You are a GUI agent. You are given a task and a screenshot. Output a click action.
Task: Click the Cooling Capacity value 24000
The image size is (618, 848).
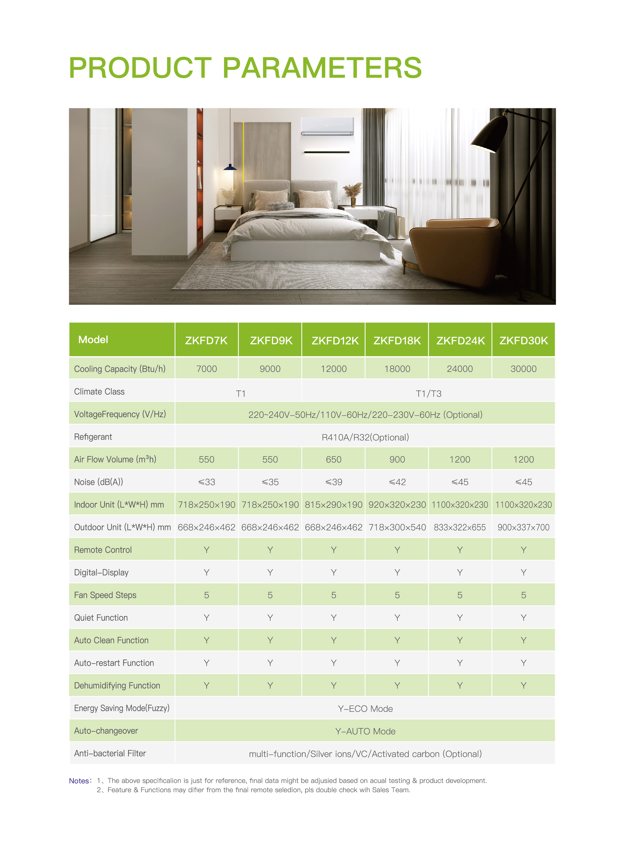(x=460, y=369)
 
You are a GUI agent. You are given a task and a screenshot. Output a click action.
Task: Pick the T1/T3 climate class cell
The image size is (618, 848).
(x=428, y=393)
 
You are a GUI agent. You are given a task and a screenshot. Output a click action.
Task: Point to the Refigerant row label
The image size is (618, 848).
(x=93, y=437)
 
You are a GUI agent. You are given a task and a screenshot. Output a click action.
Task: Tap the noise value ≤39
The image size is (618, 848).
(x=334, y=482)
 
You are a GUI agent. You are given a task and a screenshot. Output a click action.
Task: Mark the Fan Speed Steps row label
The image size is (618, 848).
(x=105, y=595)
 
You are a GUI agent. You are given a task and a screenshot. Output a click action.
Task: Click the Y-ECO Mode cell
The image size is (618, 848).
(x=365, y=709)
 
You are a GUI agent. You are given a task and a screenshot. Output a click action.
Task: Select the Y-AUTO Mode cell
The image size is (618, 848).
(x=365, y=731)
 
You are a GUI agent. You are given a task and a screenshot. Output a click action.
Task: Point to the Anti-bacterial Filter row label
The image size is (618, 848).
(x=110, y=753)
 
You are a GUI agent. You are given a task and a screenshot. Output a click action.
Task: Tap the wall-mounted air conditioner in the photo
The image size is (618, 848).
(x=327, y=126)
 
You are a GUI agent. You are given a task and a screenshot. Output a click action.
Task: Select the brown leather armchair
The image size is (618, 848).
(x=456, y=251)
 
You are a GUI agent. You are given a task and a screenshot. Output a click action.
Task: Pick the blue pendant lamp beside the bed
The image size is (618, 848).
(x=230, y=167)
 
